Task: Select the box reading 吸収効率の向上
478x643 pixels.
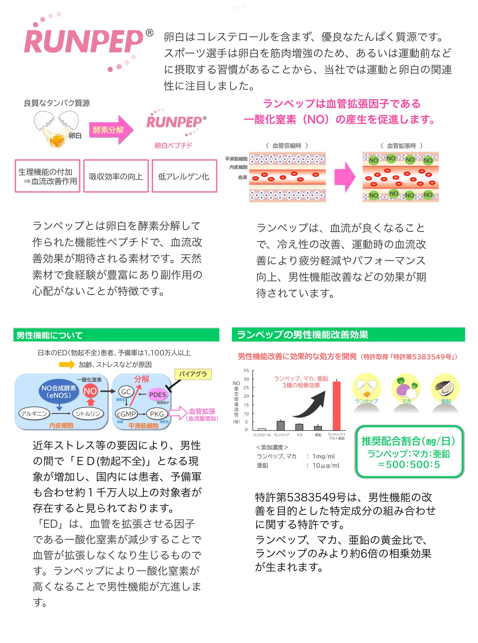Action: point(116,176)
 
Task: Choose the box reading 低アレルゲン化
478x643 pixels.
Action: point(184,176)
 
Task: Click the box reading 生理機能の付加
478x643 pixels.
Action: point(47,176)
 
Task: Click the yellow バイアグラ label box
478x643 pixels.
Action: point(193,374)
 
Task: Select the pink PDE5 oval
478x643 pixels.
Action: point(157,395)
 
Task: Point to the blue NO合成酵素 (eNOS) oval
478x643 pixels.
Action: point(59,392)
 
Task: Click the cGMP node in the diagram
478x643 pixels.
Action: point(126,414)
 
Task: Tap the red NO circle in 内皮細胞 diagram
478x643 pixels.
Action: point(90,391)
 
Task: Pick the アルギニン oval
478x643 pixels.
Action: point(34,414)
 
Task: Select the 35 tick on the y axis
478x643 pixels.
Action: point(246,370)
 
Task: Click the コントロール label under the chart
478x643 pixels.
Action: point(262,435)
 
